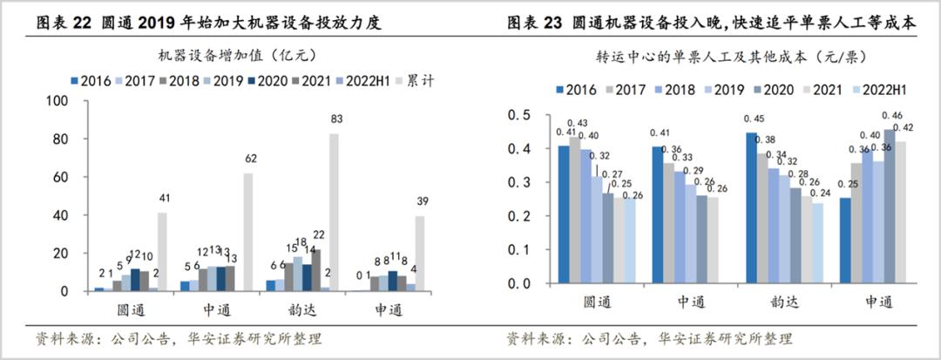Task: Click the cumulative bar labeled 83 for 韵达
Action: (x=334, y=212)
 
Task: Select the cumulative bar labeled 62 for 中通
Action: (x=248, y=232)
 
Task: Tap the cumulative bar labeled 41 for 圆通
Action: (x=163, y=252)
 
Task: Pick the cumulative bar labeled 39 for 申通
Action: (x=420, y=254)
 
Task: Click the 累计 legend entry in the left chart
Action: (x=423, y=81)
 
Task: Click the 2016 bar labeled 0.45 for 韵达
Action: (x=750, y=208)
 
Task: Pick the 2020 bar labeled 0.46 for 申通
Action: (x=890, y=207)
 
